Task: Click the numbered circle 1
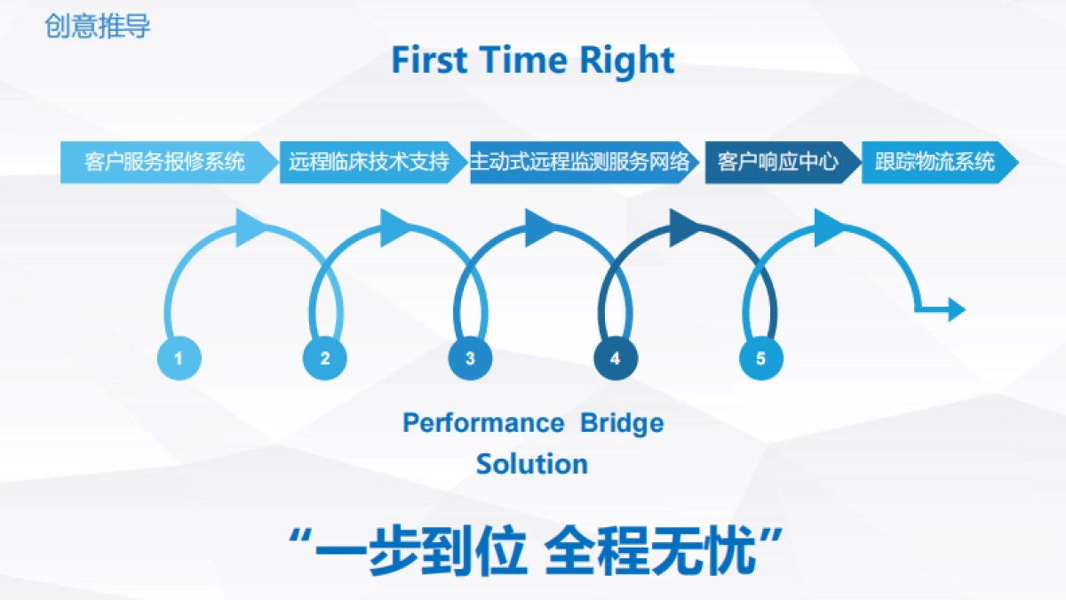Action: pos(179,359)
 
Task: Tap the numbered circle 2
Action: pos(324,359)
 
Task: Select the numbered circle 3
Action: pos(470,359)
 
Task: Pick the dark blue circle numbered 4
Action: pos(616,359)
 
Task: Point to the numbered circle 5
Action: pos(760,359)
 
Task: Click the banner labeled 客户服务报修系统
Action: pos(165,163)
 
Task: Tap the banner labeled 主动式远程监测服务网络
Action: pos(579,163)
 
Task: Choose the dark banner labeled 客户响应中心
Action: pos(778,163)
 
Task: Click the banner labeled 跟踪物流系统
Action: pos(935,163)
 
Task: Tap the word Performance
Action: pos(482,423)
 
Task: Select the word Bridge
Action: pos(622,423)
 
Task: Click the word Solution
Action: pos(532,464)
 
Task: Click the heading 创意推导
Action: pos(98,27)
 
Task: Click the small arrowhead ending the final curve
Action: pos(956,309)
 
